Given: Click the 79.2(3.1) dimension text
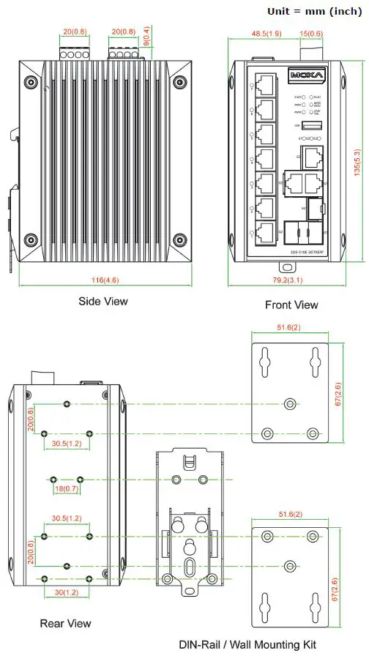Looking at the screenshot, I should pos(291,280).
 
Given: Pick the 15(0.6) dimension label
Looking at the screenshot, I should pos(311,34).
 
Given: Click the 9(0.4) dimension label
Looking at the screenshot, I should pos(146,36).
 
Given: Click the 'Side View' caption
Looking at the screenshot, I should pos(103,301).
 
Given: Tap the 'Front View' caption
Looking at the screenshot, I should pos(291,305).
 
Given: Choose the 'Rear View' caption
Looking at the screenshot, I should pos(66,623).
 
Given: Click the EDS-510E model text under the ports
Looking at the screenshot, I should pos(296,251).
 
